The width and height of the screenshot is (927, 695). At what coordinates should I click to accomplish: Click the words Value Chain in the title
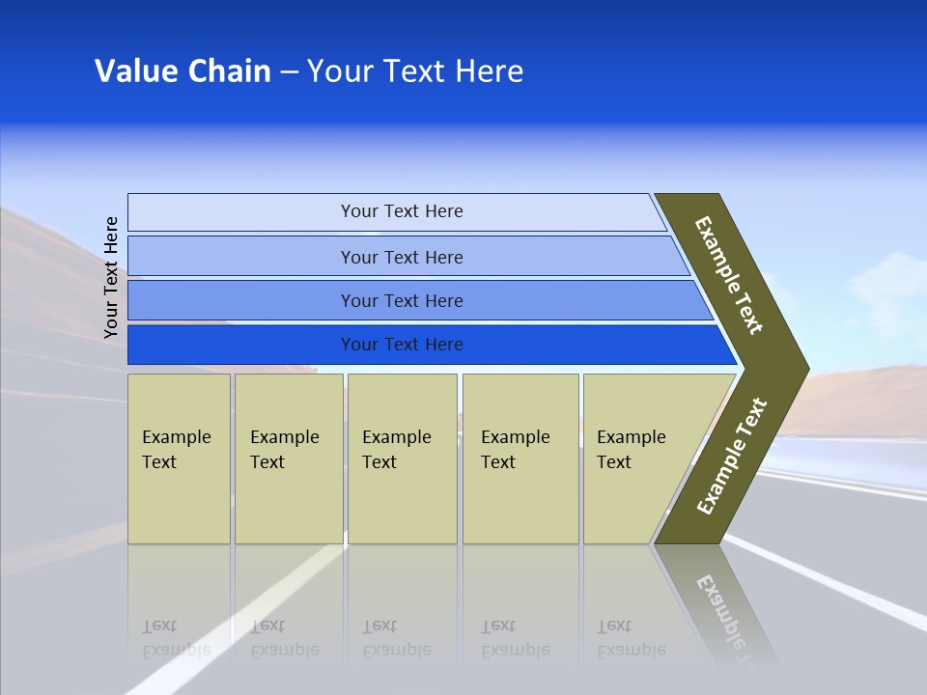[x=183, y=71]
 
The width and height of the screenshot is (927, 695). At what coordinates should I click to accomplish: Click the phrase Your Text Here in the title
[x=415, y=71]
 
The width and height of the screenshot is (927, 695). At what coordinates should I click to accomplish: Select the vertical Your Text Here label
[x=111, y=277]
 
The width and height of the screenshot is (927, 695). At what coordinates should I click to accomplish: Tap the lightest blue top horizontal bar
[x=241, y=212]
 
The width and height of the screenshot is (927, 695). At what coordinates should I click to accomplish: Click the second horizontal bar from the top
[x=241, y=257]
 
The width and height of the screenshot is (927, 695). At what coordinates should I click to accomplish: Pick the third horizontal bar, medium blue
[x=241, y=301]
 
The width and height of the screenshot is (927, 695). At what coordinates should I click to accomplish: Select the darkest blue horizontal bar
[x=241, y=345]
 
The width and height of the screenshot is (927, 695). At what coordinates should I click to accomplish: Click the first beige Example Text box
[x=179, y=459]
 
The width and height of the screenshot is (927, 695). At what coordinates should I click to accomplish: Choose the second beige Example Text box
[x=288, y=459]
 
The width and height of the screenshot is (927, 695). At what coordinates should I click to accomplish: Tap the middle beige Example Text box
[x=401, y=459]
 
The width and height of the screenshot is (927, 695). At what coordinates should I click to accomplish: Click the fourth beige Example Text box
[x=520, y=459]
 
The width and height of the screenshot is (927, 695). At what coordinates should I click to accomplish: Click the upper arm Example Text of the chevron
[x=729, y=275]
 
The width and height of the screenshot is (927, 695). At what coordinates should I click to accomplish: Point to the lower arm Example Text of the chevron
[x=732, y=456]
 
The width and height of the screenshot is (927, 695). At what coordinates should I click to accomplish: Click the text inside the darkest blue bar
[x=402, y=345]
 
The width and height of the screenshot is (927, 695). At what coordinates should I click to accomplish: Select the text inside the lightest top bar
[x=402, y=211]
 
